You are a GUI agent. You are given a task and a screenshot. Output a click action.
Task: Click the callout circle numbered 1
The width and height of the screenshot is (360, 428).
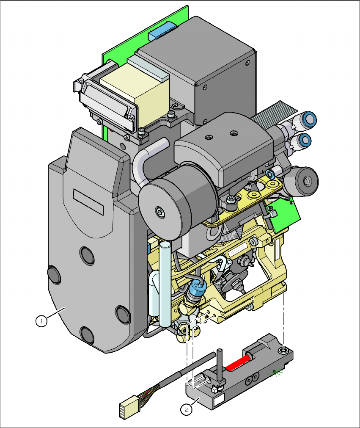pos(41,321)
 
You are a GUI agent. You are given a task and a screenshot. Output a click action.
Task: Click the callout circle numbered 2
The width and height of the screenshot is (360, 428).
pos(185,409)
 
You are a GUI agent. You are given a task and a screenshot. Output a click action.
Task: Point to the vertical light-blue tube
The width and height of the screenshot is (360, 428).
pos(165,284)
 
